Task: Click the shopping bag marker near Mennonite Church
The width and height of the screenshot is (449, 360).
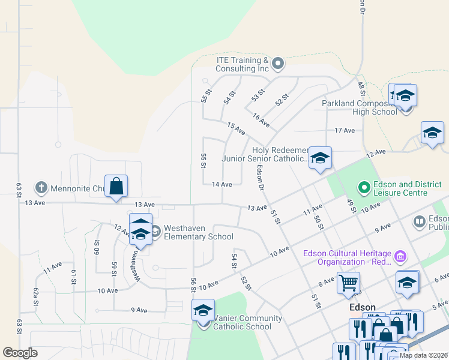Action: click(116, 186)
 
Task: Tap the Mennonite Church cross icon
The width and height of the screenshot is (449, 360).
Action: click(41, 187)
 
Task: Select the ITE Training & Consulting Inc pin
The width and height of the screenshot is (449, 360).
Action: click(277, 63)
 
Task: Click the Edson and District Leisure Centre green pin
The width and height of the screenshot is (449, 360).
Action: click(364, 188)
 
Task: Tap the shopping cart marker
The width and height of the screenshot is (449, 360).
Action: click(348, 283)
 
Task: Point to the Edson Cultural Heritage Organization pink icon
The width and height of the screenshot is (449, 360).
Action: click(400, 257)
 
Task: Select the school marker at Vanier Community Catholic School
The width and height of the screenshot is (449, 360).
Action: click(203, 312)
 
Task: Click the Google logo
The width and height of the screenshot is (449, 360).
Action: click(20, 353)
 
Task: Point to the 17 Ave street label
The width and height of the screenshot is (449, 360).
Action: click(345, 130)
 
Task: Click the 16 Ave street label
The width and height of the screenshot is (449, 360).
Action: click(261, 121)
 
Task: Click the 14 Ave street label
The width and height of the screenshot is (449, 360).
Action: click(222, 185)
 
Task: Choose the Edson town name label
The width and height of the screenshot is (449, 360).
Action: click(363, 307)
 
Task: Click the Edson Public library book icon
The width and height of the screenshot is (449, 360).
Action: click(420, 222)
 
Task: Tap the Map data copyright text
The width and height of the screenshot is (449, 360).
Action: click(424, 355)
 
